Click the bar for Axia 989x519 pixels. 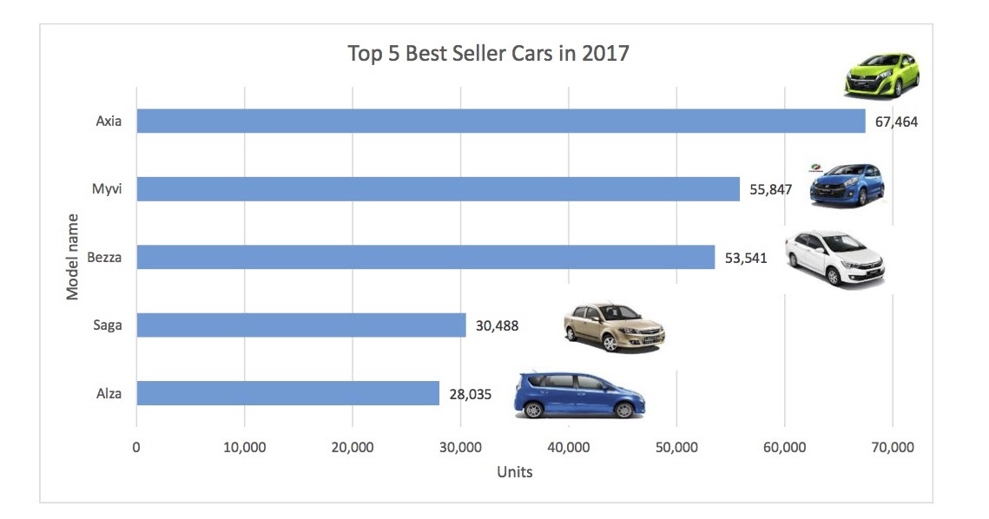coord(500,121)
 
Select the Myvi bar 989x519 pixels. coord(438,188)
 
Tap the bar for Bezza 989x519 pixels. coord(425,257)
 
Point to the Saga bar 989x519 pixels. coord(300,325)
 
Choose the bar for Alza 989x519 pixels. coord(287,393)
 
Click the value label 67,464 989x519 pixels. coord(896,122)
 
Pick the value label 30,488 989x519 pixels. coord(498,326)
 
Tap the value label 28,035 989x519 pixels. coord(471,394)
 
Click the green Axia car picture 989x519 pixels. coord(882,75)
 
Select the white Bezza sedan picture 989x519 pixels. coord(834,257)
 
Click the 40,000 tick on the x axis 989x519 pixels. coord(568,448)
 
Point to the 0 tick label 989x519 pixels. coord(136,448)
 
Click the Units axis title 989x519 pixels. coord(514,473)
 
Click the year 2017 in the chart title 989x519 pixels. coord(605,54)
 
